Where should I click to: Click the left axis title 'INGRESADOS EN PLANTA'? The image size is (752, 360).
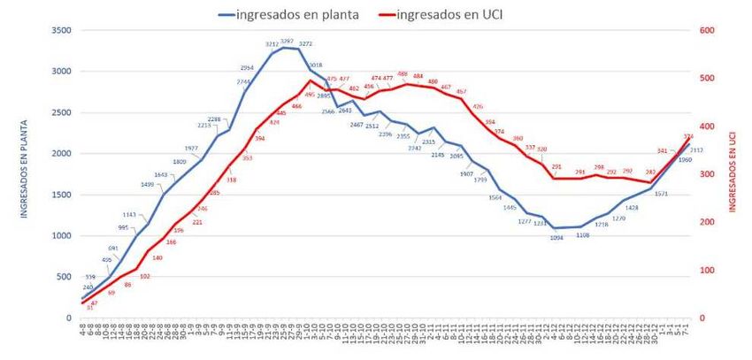13,173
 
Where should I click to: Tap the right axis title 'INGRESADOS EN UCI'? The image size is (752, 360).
733,173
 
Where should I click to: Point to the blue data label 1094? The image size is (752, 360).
556,237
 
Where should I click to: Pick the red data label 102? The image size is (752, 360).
145,276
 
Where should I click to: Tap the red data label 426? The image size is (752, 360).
478,106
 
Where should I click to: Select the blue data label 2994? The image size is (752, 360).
247,67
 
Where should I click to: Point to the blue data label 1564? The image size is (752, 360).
495,197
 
